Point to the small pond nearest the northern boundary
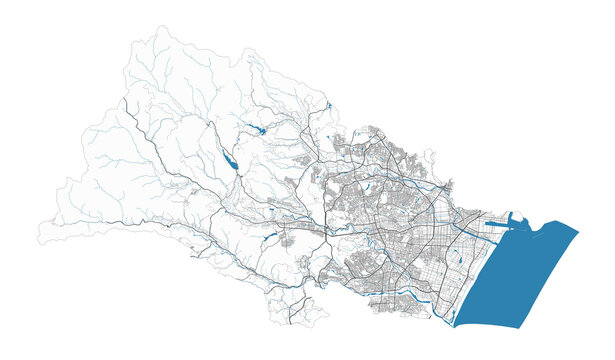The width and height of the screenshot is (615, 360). [x=328, y=105]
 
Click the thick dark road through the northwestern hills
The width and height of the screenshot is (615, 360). [x=150, y=150]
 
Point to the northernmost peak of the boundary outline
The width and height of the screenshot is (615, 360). [x=160, y=27]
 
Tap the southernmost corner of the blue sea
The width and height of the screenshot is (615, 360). [x=456, y=326]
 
